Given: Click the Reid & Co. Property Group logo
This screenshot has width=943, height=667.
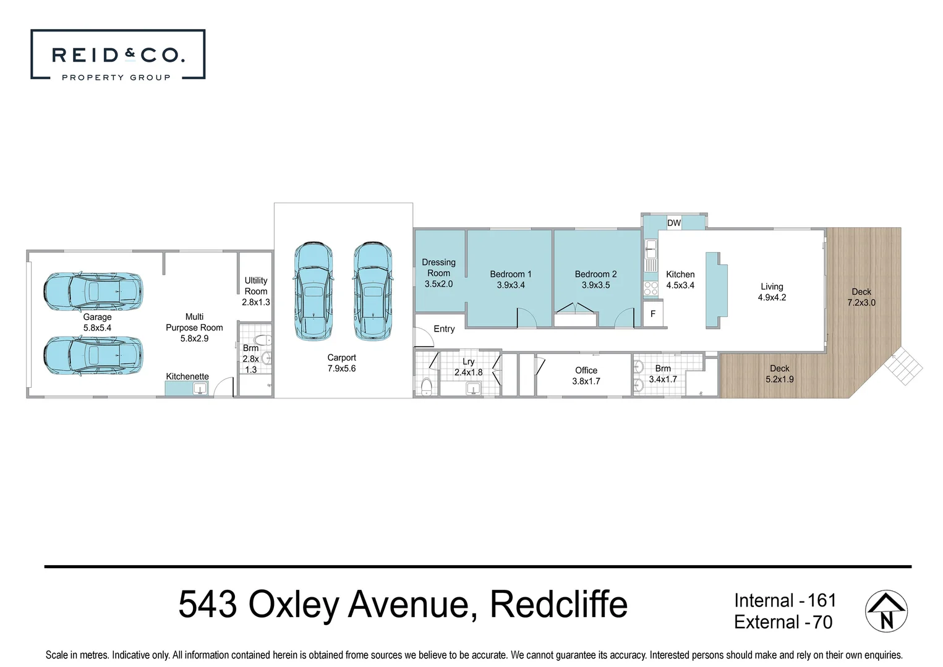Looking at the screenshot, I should [117, 55].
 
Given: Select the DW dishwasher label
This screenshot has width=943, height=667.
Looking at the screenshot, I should [673, 223].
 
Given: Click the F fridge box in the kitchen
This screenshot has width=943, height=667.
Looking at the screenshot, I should [652, 314].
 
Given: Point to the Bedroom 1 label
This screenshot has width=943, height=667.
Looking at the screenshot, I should [510, 279].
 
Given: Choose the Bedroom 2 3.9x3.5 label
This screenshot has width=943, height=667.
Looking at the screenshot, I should [595, 279].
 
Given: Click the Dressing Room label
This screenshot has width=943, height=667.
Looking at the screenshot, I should [438, 273].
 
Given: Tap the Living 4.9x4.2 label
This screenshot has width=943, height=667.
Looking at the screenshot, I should [772, 292].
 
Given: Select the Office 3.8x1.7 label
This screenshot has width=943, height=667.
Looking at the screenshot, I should [586, 375].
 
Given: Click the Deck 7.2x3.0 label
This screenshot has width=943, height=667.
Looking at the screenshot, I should [861, 297].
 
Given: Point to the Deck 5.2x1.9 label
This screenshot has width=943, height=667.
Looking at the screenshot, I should [779, 374].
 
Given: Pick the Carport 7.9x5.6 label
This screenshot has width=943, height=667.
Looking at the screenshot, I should [341, 363].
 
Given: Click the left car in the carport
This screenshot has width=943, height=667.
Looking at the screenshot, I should [314, 290].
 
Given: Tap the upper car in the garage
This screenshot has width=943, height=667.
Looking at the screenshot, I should [93, 291].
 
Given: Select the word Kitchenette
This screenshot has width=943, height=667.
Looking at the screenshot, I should [187, 376].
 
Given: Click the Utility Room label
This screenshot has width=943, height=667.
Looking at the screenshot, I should [255, 291].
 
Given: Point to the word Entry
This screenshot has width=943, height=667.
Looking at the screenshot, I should [444, 329].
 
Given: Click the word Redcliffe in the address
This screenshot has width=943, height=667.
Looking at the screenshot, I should [558, 604].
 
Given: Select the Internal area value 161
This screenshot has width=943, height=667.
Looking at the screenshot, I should [821, 600].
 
